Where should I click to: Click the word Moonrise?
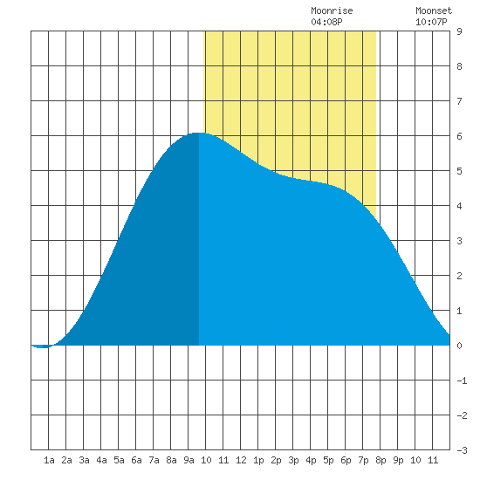pos(332,11)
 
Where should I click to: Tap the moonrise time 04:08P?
pos(326,22)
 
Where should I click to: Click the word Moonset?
pos(434,11)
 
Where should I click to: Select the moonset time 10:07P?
pos(431,22)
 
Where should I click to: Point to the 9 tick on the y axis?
pos(459,31)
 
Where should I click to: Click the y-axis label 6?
pos(459,136)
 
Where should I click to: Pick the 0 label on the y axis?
pos(459,346)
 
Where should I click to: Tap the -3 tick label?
pos(462,450)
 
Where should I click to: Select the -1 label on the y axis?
pos(462,381)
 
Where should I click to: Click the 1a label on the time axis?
pos(49,460)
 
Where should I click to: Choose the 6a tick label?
pos(136,460)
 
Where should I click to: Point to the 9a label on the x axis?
pos(189,460)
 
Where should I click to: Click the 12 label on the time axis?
pos(241,460)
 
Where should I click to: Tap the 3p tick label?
pos(293,460)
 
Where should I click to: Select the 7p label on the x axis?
pos(363,460)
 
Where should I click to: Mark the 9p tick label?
pos(398,460)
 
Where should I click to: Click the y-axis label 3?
pos(459,241)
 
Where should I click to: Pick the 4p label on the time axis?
pos(311,460)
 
